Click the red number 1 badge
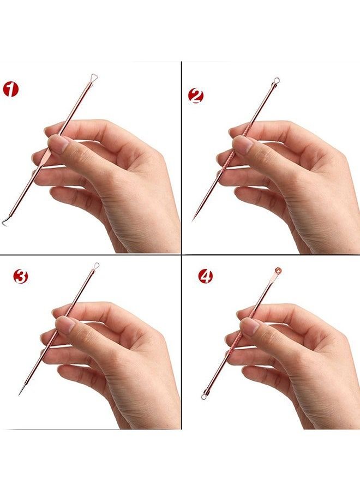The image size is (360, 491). (10, 88)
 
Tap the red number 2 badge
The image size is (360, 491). (195, 97)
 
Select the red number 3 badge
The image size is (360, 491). (20, 277)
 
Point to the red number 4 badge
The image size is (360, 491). (205, 276)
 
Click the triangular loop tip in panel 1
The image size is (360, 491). (94, 78)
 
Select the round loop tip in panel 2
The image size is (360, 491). (277, 82)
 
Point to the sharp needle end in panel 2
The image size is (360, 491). (193, 219)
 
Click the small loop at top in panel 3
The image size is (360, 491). (96, 266)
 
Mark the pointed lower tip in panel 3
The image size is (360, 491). (20, 394)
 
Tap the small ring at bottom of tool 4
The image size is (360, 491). (204, 396)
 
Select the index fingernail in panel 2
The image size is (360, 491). (242, 145)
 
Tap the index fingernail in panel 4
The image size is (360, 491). (249, 326)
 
